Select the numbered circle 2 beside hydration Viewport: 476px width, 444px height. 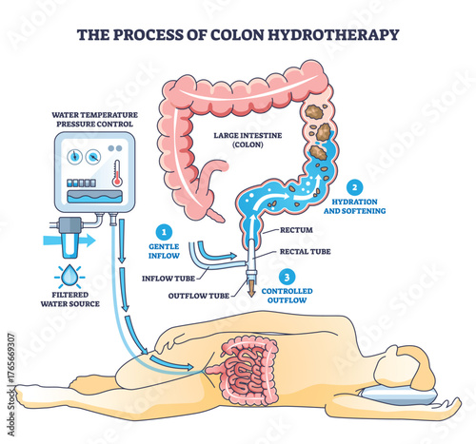(x=354, y=186)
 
